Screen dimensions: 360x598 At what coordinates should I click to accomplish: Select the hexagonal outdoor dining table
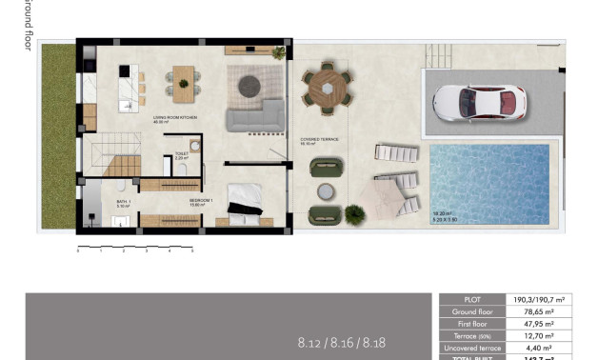click(327, 88)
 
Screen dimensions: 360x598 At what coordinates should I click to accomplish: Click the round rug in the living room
click(248, 84)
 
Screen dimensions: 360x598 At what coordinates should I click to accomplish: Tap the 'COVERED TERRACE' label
click(318, 140)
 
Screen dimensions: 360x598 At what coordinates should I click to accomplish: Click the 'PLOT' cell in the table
click(472, 299)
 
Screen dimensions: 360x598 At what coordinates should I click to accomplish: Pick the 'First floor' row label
click(472, 324)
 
